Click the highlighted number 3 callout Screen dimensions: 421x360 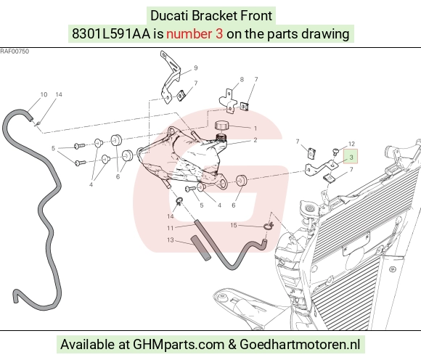351,157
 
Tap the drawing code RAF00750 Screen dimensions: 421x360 15,52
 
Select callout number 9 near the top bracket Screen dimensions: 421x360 196,68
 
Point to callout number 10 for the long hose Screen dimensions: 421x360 44,94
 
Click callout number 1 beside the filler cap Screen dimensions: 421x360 256,128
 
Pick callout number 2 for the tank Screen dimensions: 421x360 255,140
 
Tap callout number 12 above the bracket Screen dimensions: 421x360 351,144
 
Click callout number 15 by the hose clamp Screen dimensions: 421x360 234,225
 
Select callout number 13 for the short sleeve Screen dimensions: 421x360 171,240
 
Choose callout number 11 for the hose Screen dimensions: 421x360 171,228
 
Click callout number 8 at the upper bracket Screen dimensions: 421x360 242,79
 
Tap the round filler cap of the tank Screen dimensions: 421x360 221,126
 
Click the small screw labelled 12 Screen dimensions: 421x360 335,152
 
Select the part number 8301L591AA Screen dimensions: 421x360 111,34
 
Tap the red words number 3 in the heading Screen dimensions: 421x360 195,34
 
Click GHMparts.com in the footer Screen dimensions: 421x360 179,345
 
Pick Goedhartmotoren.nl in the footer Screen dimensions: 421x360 300,344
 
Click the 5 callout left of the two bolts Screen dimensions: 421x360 53,148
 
